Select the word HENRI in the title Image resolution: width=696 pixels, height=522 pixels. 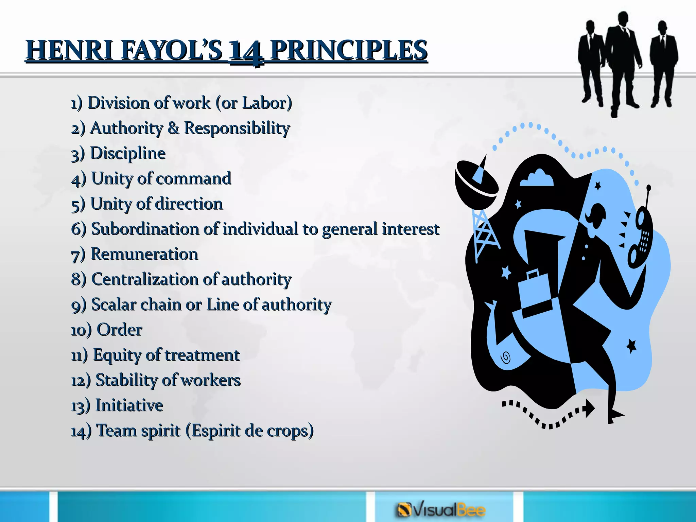pos(70,50)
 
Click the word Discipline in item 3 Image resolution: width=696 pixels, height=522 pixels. pos(128,153)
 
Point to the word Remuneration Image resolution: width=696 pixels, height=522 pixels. pos(144,254)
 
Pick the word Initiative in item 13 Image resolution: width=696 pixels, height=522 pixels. pos(129,405)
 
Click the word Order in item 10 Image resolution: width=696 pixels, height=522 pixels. pos(120,330)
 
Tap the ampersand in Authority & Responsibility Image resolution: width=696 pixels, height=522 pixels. pos(173,128)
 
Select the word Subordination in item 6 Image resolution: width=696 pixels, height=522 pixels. pos(145,229)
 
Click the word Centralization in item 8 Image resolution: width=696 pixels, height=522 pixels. pos(145,279)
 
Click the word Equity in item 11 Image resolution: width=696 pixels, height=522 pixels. pos(117,355)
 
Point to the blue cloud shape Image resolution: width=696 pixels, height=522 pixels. pos(537,178)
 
